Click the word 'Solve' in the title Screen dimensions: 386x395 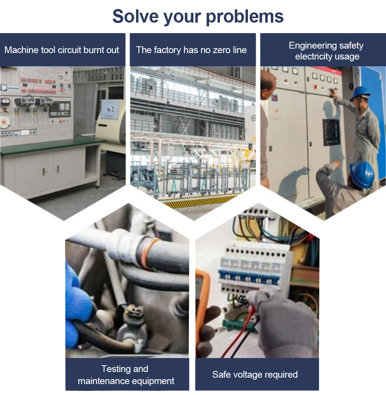point(135,16)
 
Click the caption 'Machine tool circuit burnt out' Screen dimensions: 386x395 point(62,50)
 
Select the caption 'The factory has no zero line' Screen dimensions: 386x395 point(191,50)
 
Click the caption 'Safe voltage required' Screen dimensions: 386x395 point(255,375)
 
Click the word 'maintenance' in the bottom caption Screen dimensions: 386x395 point(105,381)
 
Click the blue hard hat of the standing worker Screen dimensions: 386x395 point(360,93)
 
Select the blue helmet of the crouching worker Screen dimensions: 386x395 point(362,174)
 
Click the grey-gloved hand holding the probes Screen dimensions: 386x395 point(284,320)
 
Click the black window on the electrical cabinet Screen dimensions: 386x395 point(331,132)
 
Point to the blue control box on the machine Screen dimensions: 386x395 point(110,109)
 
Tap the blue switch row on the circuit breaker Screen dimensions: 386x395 point(249,276)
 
